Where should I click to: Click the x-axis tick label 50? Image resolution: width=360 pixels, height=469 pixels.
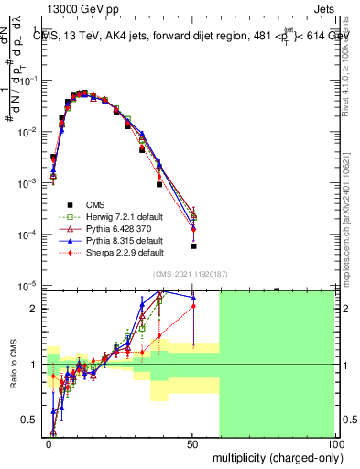click(193, 442)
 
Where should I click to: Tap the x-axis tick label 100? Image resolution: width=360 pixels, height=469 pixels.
click(336, 442)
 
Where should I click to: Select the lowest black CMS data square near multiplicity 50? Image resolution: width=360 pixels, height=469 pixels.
click(193, 245)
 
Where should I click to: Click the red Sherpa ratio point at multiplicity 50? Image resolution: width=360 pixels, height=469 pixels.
click(193, 306)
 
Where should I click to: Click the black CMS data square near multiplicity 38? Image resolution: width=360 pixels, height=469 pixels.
click(159, 184)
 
